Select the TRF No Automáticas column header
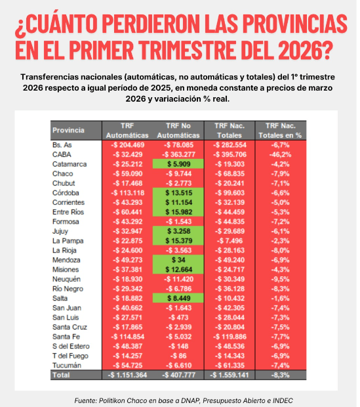(x=178, y=129)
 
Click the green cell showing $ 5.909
(x=178, y=163)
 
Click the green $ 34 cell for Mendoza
(x=178, y=259)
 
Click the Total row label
(x=62, y=374)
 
